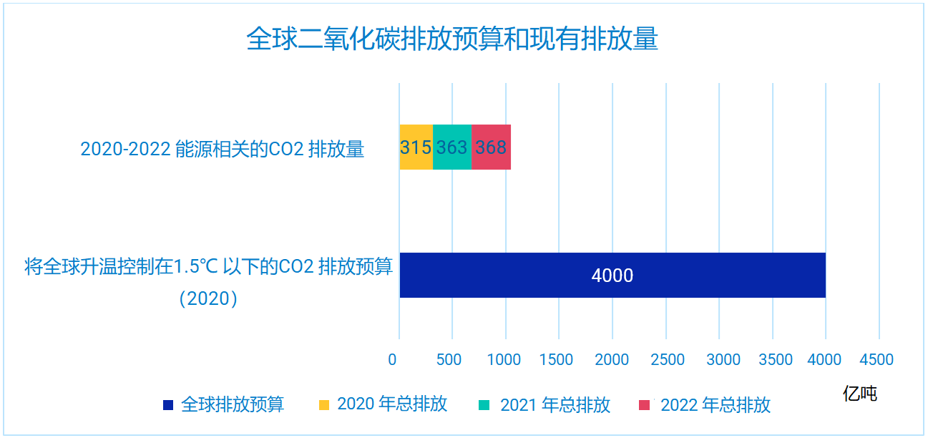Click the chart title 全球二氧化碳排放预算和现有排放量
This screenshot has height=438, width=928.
click(x=451, y=39)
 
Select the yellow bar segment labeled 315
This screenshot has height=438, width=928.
click(x=416, y=147)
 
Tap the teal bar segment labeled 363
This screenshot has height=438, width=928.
click(x=452, y=147)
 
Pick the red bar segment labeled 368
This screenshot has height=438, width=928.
click(x=491, y=147)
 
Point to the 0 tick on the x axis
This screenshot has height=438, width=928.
click(x=392, y=359)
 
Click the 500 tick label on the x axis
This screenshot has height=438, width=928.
click(x=449, y=359)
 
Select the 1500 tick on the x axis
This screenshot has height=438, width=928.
click(x=556, y=359)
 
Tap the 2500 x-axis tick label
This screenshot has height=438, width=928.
click(x=665, y=359)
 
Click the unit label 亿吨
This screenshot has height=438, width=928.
click(x=859, y=393)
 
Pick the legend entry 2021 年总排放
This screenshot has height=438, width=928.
click(x=555, y=405)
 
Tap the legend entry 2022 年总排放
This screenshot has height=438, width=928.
click(x=715, y=405)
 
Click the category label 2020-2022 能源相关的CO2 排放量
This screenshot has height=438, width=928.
click(x=223, y=149)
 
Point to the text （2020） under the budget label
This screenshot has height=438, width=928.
click(x=208, y=298)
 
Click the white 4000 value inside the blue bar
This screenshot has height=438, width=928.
click(x=612, y=276)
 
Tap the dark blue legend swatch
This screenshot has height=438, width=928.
click(x=168, y=405)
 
